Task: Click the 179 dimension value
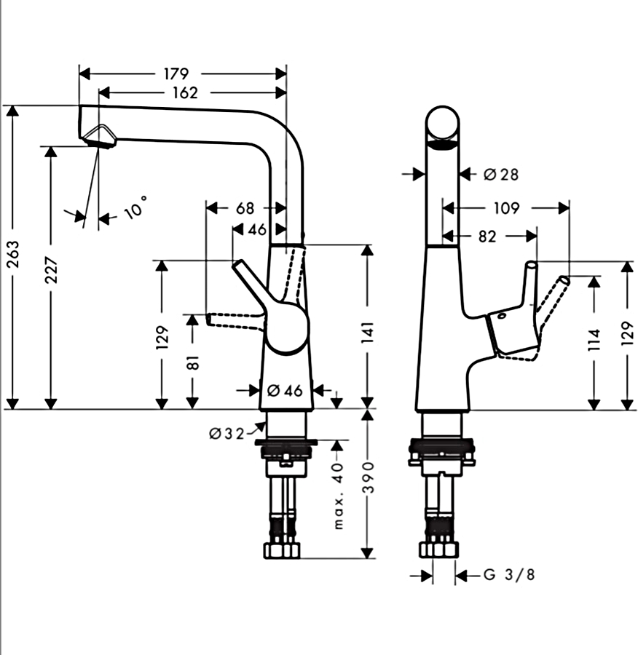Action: pos(176,74)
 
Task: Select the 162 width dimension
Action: pos(185,92)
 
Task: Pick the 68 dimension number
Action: pos(245,208)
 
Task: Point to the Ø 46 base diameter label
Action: pos(285,391)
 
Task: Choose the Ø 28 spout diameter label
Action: pos(501,174)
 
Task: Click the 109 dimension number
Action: pos(506,208)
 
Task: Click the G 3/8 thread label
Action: pos(510,576)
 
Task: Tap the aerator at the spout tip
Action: pos(98,136)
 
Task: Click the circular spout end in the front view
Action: pos(443,125)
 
